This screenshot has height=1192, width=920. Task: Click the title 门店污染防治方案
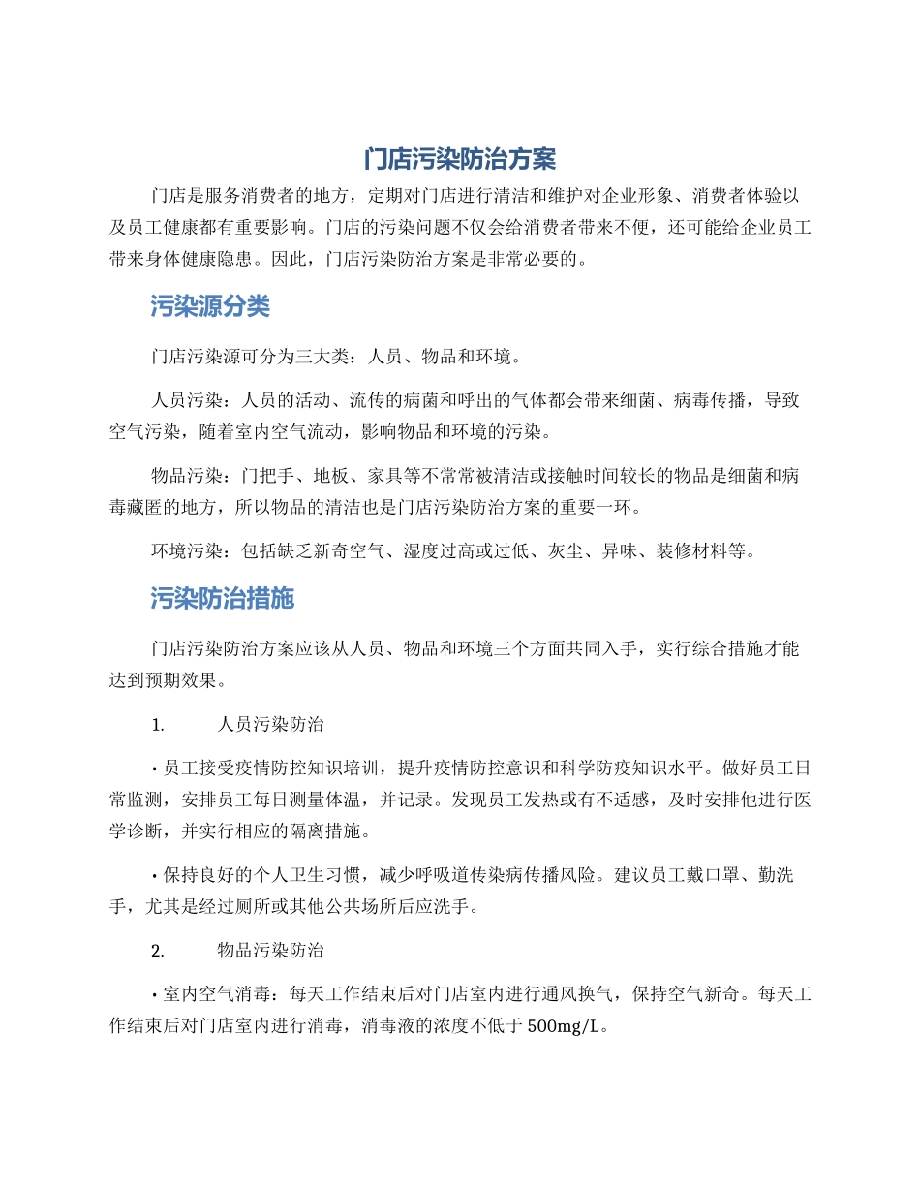pyautogui.click(x=460, y=159)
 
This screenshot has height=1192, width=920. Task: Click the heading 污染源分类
pyautogui.click(x=210, y=307)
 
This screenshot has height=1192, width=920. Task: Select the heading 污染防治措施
pyautogui.click(x=223, y=599)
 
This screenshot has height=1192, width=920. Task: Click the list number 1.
pyautogui.click(x=158, y=724)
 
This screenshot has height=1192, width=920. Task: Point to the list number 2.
pyautogui.click(x=158, y=950)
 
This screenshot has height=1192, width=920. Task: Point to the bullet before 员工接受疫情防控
pyautogui.click(x=155, y=769)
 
